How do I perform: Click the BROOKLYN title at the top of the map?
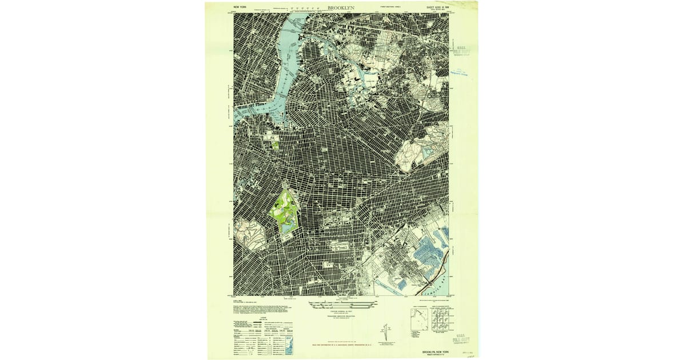[341, 8]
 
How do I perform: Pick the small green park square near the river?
[276, 143]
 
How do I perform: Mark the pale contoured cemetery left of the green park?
[248, 235]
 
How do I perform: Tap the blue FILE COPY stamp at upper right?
[460, 49]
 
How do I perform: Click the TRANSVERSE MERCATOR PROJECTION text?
[341, 316]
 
